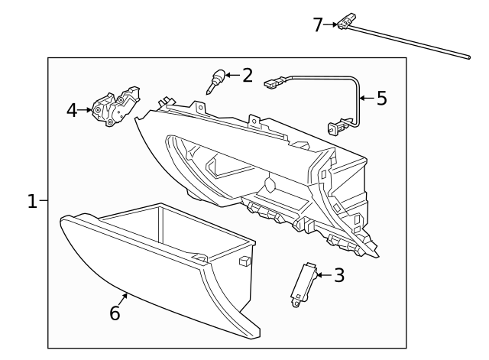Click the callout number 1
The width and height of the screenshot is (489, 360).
[32, 201]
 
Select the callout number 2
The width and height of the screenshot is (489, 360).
[247, 75]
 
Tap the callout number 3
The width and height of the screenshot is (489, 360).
[338, 274]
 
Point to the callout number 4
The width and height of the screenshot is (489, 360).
[72, 110]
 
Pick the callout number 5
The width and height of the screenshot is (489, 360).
[381, 98]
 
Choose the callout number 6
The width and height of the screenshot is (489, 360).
[115, 313]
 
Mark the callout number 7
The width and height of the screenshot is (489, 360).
[319, 24]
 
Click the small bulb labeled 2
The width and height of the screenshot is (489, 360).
[217, 79]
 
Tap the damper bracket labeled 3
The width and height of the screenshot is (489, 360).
[304, 281]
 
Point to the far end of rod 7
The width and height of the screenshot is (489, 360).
[466, 55]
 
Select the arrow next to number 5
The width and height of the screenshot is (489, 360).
[365, 98]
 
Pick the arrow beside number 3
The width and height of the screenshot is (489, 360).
[322, 274]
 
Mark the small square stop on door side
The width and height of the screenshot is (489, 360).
[245, 261]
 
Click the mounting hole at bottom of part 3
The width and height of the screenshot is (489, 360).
[295, 303]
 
